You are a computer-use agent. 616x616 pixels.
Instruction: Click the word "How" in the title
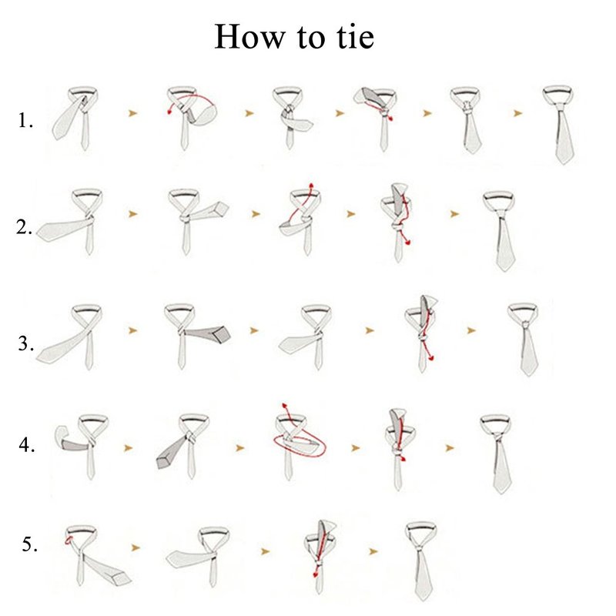click(249, 36)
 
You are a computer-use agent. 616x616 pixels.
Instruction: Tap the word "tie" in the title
click(355, 36)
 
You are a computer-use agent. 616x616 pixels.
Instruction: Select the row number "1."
click(25, 120)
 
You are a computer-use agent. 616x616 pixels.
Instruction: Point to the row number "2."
click(25, 227)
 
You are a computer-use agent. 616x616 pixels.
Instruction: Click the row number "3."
click(26, 343)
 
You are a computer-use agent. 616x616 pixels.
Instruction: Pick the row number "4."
click(27, 445)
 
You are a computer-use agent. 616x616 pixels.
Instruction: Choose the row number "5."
click(30, 544)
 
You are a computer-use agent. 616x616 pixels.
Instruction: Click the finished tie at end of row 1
click(560, 124)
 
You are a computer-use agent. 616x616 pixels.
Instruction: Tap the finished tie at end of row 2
click(500, 231)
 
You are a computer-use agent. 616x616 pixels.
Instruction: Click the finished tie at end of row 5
click(421, 561)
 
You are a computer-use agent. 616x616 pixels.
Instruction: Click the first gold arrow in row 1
click(132, 113)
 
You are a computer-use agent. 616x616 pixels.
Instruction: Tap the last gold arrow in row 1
click(517, 113)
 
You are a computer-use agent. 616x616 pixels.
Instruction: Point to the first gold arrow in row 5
click(136, 547)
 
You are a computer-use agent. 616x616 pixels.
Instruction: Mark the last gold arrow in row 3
click(471, 330)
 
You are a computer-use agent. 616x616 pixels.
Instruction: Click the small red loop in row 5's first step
click(69, 541)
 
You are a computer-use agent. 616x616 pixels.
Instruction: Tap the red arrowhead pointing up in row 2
click(311, 186)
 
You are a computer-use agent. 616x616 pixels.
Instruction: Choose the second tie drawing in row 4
click(183, 447)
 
